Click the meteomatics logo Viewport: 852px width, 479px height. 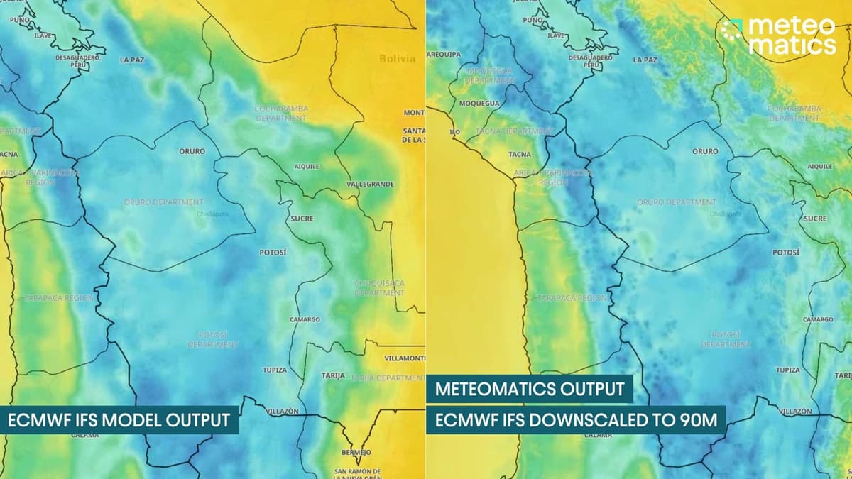click(778, 35)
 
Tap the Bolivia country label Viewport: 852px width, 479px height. click(397, 59)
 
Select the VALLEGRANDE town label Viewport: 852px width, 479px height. click(370, 184)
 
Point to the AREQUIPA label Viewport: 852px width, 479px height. click(444, 54)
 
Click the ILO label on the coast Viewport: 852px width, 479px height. click(454, 132)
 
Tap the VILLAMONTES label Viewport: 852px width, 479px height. click(405, 358)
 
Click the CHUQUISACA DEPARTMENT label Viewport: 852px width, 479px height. click(379, 287)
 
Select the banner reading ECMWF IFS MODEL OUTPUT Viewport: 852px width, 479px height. click(119, 420)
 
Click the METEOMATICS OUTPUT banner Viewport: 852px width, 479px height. click(529, 389)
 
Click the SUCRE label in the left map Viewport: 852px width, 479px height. click(302, 219)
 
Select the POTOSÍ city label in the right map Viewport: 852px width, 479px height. click(786, 252)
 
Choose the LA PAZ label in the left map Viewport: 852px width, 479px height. click(132, 60)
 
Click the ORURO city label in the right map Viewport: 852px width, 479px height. click(705, 151)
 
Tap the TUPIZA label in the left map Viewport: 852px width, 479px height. click(275, 370)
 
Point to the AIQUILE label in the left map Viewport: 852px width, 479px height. click(307, 166)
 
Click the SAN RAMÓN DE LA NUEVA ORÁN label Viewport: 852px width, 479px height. click(357, 474)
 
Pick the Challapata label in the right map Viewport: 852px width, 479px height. click(725, 214)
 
